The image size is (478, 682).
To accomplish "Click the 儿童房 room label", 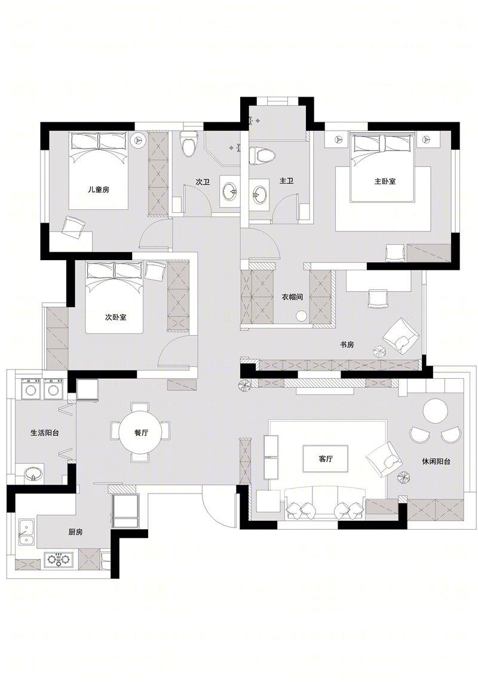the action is coord(99,190).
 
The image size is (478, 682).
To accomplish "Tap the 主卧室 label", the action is coord(385,181).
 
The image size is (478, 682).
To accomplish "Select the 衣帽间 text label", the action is coord(292,297).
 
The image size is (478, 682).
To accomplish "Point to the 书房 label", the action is coord(347,344).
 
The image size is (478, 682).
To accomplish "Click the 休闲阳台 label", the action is coord(436,461).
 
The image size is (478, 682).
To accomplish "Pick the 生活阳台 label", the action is coord(45,433).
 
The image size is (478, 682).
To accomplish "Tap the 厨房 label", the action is coord(75,532).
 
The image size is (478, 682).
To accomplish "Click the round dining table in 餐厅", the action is coord(140,433).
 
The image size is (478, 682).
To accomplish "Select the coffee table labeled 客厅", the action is coord(326,459).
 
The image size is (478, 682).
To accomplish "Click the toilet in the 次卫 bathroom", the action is coord(189,144).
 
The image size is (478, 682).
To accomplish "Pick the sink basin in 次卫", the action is coord(229,191).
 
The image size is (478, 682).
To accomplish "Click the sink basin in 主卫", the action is coord(259,193).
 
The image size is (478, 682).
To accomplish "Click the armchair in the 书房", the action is coord(401,335).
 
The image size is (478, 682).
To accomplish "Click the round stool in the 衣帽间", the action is coord(301,316).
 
